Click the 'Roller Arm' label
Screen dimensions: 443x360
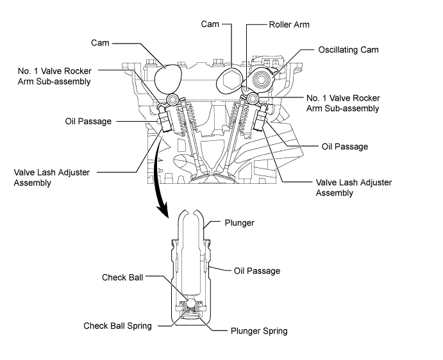(289, 24)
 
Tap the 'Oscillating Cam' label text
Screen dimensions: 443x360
(348, 50)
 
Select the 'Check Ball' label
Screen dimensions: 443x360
(122, 277)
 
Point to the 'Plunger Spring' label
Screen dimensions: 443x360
(259, 331)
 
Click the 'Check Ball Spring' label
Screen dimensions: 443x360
(117, 326)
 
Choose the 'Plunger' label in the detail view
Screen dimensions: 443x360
(239, 223)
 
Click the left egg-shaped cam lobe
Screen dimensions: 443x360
(168, 79)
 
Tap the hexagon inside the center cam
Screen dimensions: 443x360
(231, 79)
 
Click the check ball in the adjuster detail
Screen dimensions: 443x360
(190, 303)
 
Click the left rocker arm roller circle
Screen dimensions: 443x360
(172, 100)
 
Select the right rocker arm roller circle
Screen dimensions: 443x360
(253, 99)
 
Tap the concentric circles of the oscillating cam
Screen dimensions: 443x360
(262, 79)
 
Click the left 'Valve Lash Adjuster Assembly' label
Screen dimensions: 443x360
(52, 177)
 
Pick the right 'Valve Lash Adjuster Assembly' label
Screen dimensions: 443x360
(354, 188)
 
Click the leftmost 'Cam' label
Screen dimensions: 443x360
(100, 43)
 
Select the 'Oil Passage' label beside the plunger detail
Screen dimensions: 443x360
(257, 271)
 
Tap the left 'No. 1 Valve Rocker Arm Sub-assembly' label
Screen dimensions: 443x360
(54, 76)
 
